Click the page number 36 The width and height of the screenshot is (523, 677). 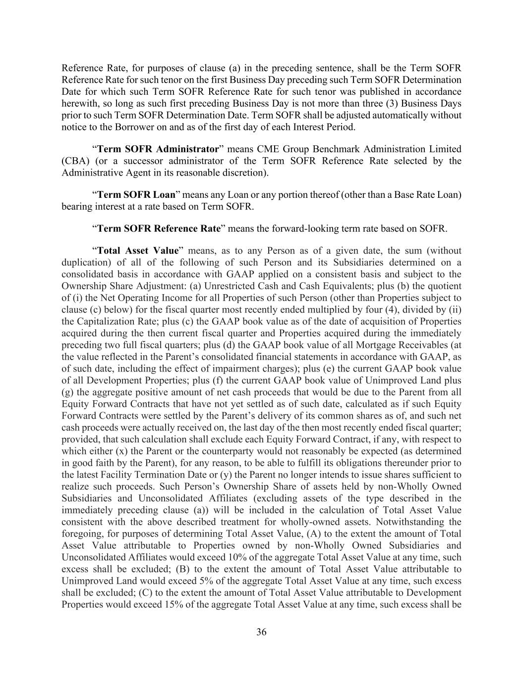[261, 632]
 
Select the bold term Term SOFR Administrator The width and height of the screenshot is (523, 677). [158, 149]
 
